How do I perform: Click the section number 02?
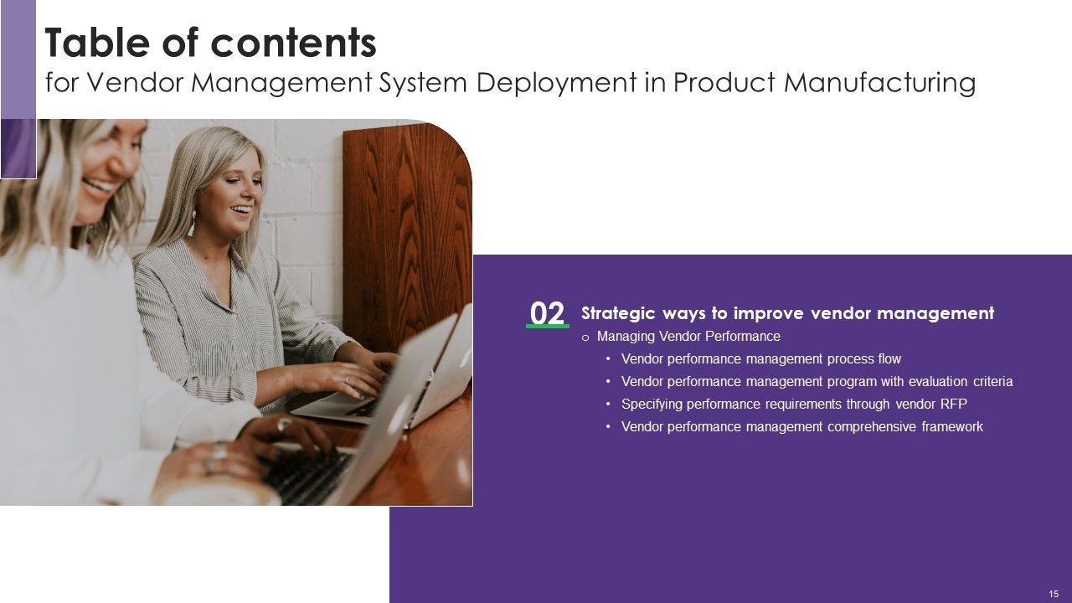pos(547,313)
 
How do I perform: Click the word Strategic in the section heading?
pos(618,314)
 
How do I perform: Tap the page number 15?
pos(1054,594)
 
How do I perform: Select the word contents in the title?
pos(293,43)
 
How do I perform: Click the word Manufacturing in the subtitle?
pos(879,83)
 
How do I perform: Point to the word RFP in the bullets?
pos(954,405)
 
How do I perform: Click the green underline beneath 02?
pos(548,327)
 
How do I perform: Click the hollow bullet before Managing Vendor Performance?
pos(585,338)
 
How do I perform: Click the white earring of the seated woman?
pos(192,223)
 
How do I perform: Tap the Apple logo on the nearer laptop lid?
pos(400,415)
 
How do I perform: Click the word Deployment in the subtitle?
pos(556,83)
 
